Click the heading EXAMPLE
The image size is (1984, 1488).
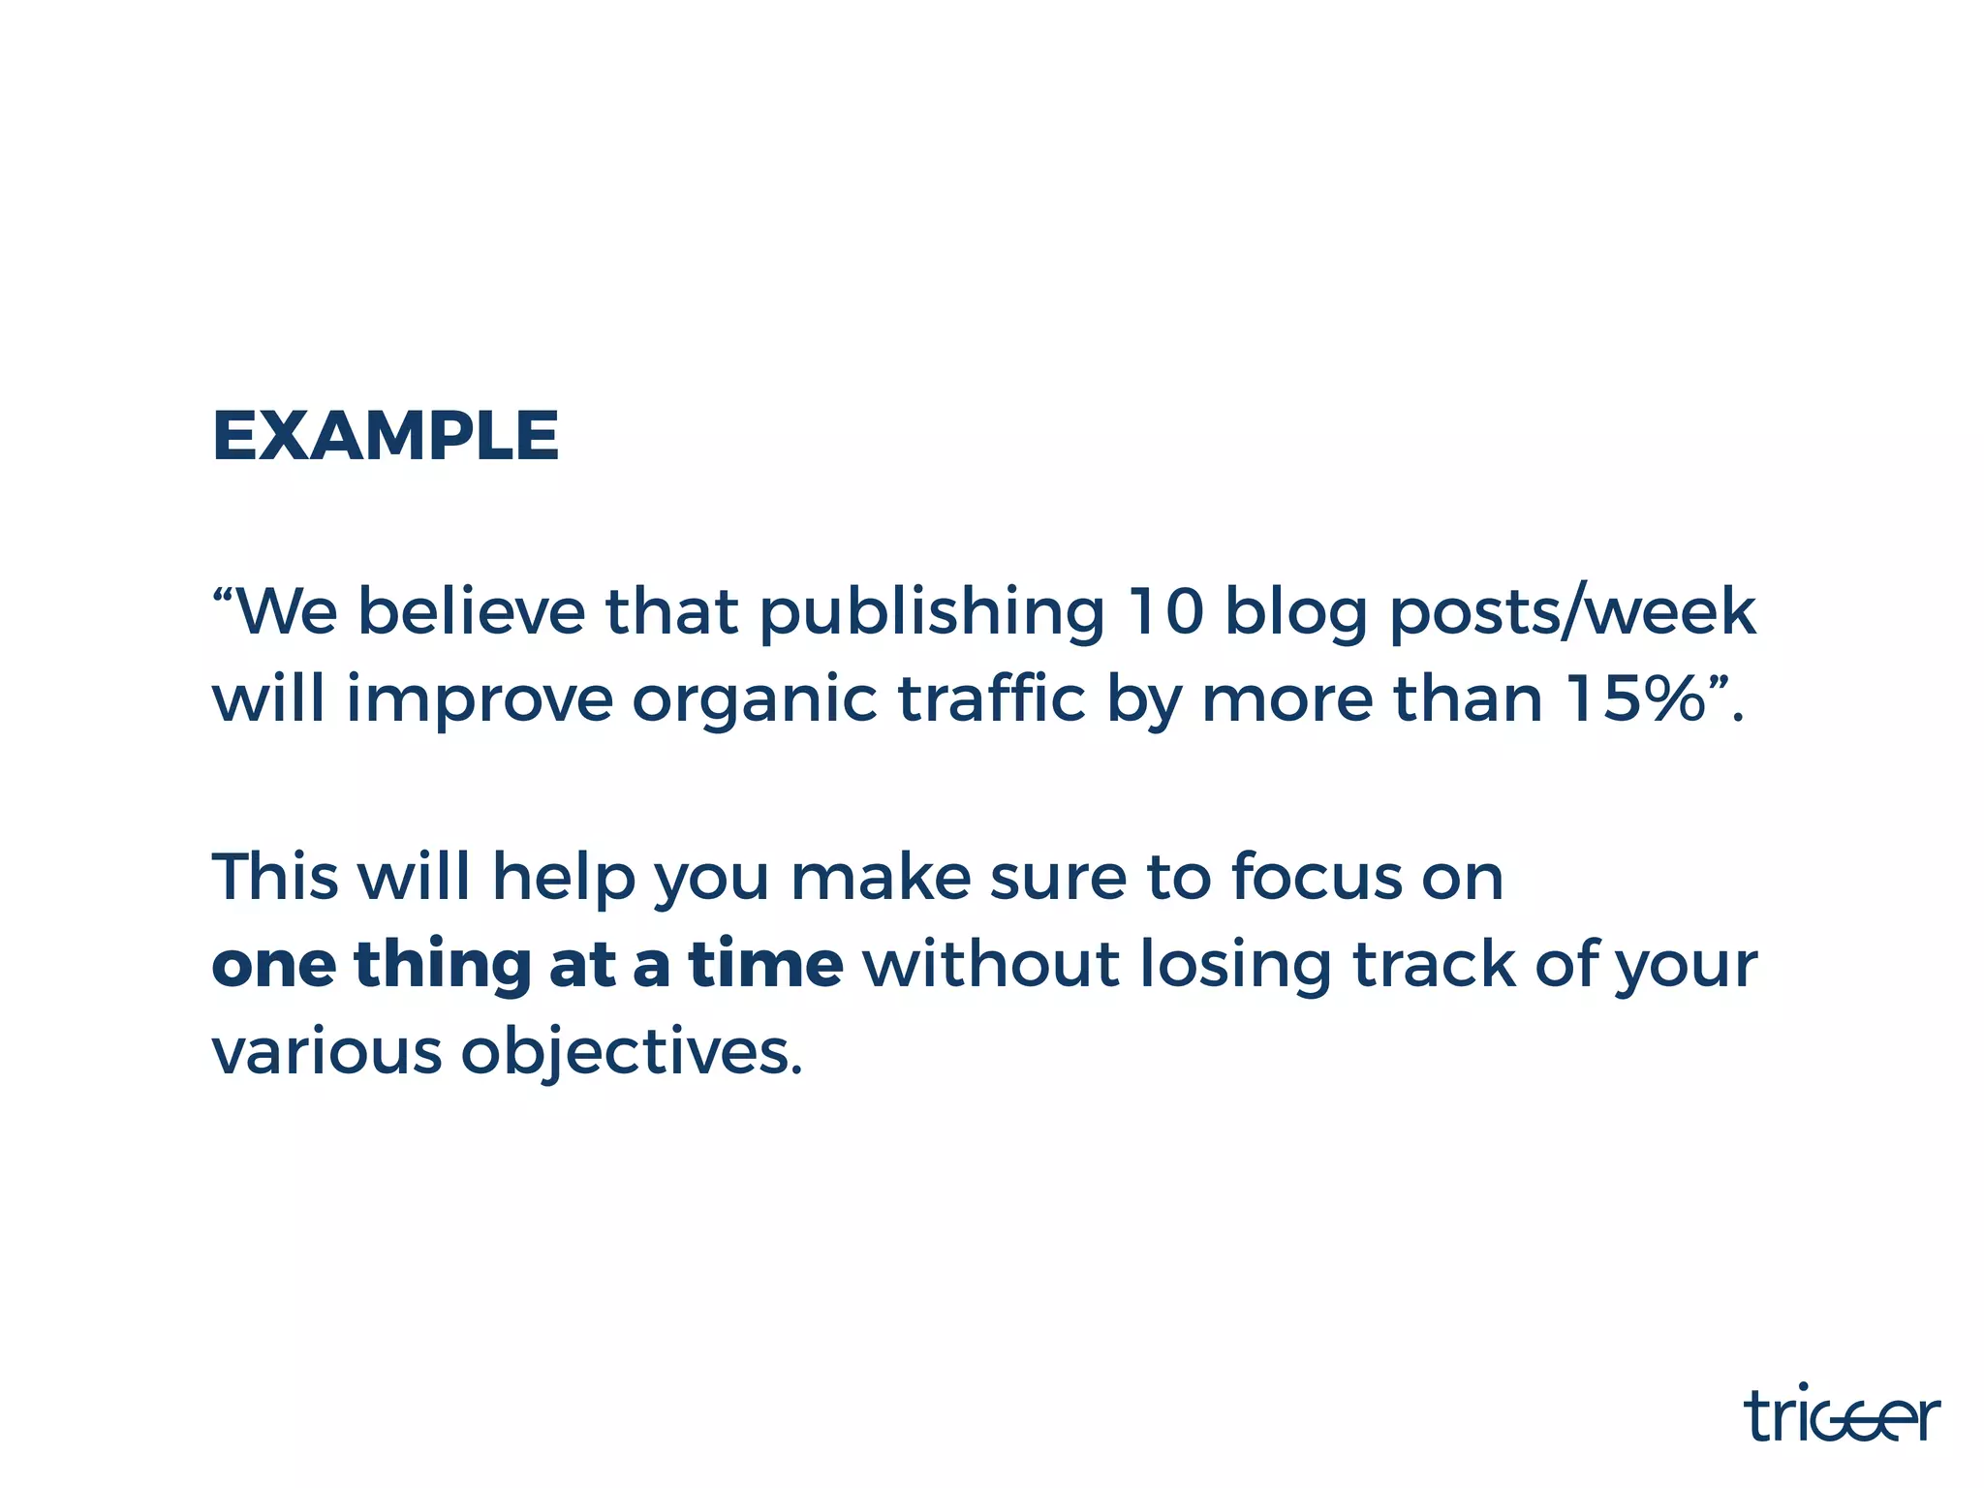click(385, 436)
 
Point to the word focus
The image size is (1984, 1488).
click(1317, 877)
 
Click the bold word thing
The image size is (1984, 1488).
click(443, 967)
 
